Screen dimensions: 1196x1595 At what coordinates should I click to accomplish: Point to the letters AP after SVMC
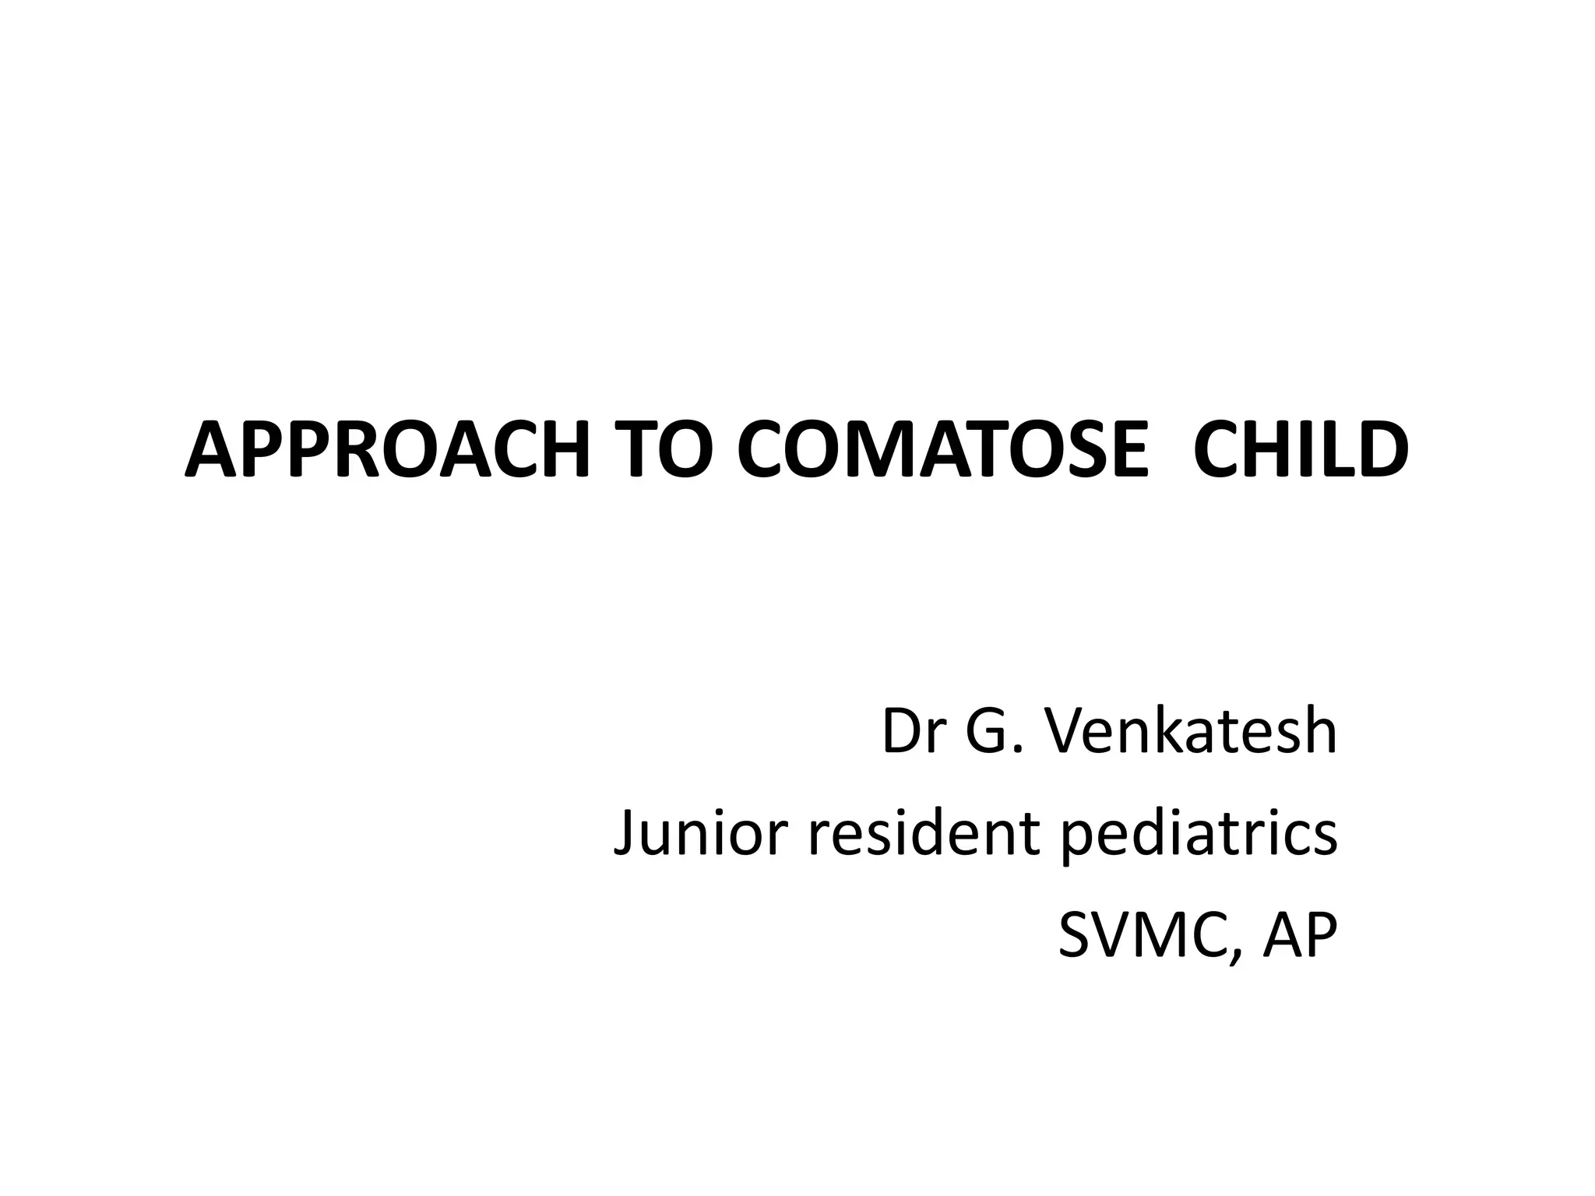coord(1299,936)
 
